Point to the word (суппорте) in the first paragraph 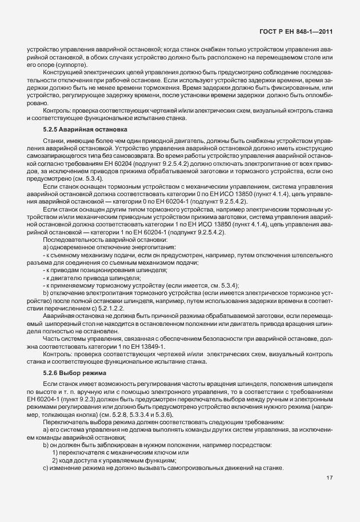[55, 65]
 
